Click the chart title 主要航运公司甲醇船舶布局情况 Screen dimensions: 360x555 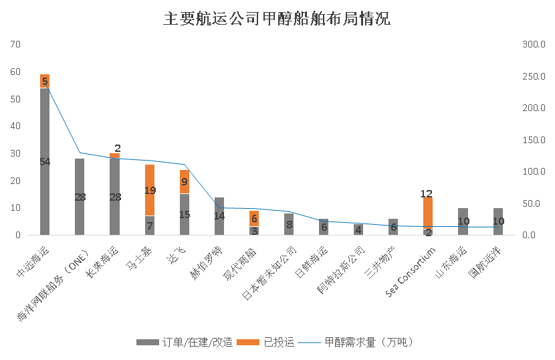point(277,19)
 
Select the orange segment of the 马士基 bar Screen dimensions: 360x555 point(150,190)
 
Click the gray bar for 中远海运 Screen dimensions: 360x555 point(45,161)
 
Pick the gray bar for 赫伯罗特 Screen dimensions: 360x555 point(219,215)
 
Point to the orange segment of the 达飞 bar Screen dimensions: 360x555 point(185,181)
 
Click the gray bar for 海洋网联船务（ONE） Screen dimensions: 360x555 point(80,197)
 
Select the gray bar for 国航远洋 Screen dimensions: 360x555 point(498,221)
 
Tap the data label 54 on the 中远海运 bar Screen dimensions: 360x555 point(45,161)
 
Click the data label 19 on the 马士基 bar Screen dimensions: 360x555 point(150,190)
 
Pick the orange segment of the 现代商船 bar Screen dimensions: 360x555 point(254,219)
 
